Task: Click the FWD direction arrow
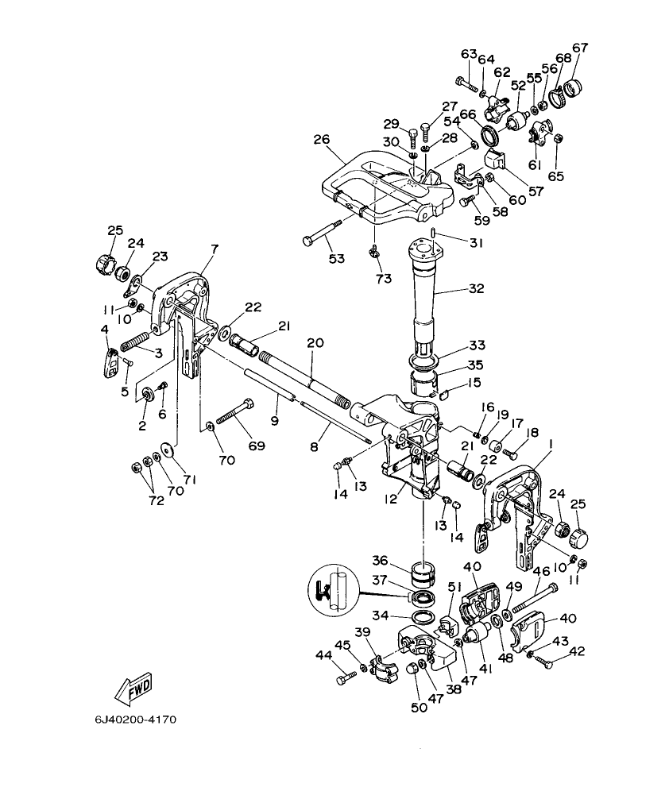pos(132,688)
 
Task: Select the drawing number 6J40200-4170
pos(134,720)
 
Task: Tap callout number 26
pos(321,139)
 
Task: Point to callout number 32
pos(476,290)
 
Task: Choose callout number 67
pos(580,48)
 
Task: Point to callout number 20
pos(315,342)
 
